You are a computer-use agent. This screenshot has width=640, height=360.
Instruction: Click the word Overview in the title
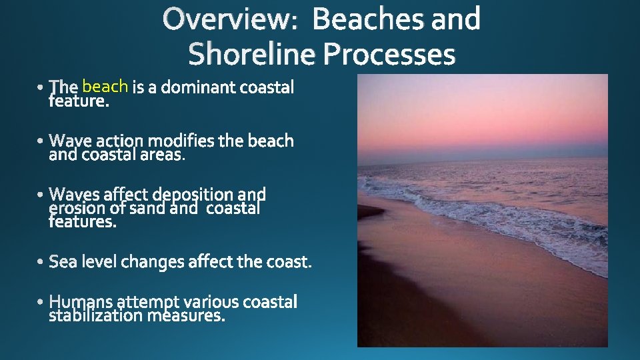(x=226, y=19)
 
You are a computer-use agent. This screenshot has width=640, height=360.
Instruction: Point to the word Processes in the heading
(x=389, y=54)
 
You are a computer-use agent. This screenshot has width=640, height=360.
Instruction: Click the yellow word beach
(x=105, y=86)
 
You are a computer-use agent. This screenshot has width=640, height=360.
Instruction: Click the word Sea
(x=63, y=262)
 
